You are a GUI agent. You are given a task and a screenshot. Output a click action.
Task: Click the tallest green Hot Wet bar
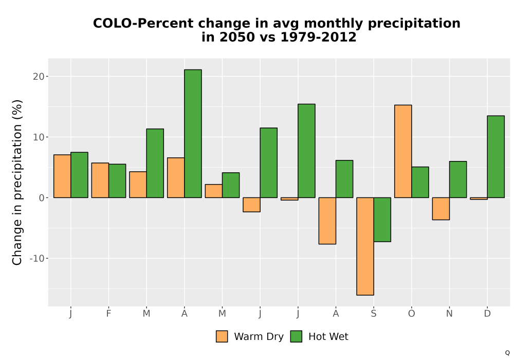193,133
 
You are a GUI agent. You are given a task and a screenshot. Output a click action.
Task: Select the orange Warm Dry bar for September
365,246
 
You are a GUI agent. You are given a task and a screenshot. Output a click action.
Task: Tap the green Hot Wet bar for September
382,220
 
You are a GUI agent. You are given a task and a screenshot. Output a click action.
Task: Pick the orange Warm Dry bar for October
403,151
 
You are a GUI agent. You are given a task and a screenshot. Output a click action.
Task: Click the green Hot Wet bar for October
420,182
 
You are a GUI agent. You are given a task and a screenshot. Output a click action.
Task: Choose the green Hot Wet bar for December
495,157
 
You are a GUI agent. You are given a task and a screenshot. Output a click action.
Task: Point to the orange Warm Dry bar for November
441,208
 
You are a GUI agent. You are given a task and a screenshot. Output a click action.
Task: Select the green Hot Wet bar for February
117,181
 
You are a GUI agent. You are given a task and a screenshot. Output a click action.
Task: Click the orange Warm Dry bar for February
100,181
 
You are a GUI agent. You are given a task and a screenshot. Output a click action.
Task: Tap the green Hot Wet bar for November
458,179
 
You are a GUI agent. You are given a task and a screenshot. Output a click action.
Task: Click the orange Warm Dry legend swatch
222,336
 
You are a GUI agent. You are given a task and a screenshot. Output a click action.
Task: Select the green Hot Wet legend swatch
296,336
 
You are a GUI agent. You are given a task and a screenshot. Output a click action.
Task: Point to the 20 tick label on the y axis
39,77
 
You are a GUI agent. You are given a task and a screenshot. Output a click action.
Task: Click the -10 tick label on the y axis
36,258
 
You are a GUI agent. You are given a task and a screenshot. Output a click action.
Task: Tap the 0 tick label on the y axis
41,197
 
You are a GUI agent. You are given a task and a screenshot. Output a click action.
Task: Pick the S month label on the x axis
374,314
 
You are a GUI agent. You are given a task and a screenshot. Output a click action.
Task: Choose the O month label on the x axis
411,314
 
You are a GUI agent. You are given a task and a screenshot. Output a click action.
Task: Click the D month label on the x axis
487,314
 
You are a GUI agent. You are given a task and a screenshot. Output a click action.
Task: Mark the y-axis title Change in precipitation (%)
17,182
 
